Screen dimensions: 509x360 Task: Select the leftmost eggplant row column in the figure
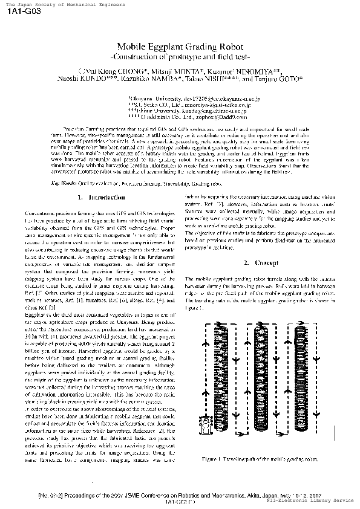click(223, 378)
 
